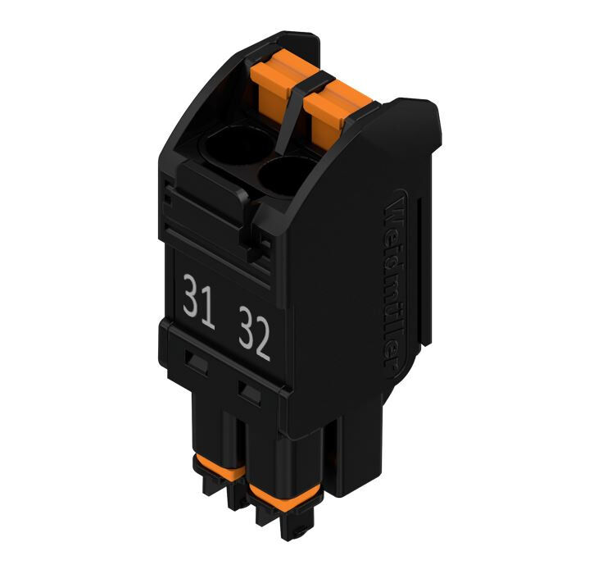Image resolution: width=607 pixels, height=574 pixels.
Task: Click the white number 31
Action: click(199, 302)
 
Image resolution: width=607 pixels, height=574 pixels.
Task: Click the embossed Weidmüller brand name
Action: click(396, 279)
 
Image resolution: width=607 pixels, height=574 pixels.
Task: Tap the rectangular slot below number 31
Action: click(196, 359)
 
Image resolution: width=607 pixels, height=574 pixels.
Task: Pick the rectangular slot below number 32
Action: click(249, 391)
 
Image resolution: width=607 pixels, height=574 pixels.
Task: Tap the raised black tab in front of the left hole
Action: click(211, 183)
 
